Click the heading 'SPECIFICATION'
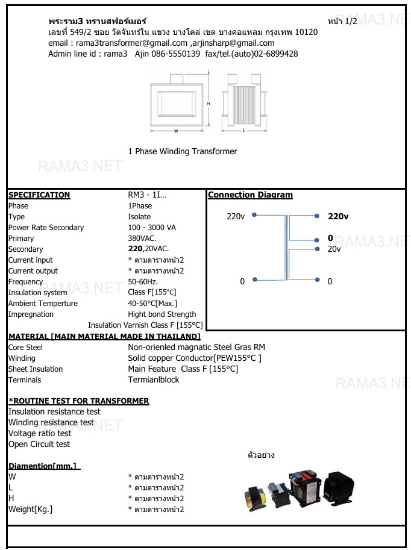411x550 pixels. click(39, 195)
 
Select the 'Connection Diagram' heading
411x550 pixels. click(250, 195)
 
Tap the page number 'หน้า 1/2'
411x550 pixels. click(342, 21)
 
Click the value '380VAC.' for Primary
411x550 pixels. click(142, 239)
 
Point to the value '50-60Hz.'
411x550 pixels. click(143, 282)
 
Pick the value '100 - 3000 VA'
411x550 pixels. click(152, 228)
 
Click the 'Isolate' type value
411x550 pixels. click(139, 217)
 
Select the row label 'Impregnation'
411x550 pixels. click(31, 314)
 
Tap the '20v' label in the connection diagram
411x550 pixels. click(334, 249)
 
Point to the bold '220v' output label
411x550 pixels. click(338, 216)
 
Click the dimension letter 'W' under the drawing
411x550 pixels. click(176, 131)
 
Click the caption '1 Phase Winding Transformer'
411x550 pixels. click(183, 152)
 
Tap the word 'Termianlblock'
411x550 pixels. click(154, 380)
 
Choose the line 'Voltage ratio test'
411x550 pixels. click(40, 434)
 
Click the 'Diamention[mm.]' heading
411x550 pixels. click(44, 466)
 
